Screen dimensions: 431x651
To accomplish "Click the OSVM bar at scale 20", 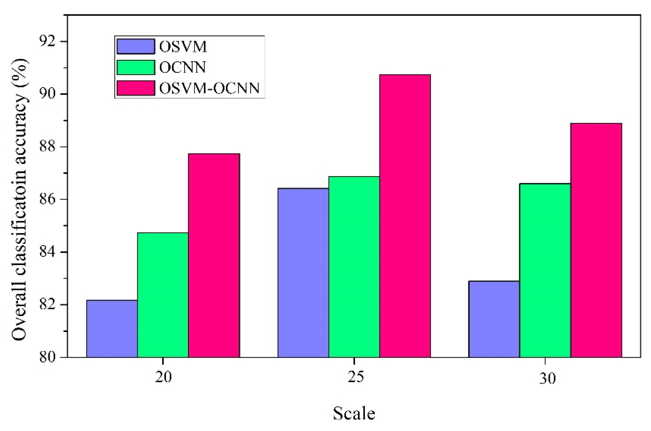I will click(112, 329).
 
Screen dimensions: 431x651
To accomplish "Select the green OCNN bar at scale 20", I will click(163, 295).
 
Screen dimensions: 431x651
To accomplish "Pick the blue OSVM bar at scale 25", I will click(303, 273).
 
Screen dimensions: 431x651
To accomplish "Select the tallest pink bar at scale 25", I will click(405, 216).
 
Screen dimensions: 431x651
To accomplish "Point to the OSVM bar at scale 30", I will click(494, 319).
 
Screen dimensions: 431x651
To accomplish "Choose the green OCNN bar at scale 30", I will click(545, 270).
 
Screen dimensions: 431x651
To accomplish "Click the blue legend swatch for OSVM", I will click(136, 46).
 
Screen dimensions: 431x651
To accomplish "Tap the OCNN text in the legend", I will click(183, 67).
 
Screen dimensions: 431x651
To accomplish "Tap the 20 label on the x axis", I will click(163, 378).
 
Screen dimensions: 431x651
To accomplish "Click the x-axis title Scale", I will click(354, 413).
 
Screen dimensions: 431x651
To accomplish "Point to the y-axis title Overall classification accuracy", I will click(19, 199).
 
